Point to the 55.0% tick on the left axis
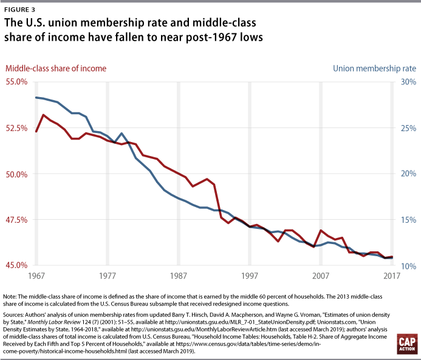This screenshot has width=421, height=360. click(17, 82)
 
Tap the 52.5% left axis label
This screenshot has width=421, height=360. click(17, 128)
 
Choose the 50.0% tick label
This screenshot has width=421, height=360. click(17, 174)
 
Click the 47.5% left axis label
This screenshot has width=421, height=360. click(17, 220)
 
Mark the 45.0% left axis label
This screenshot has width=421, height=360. click(17, 265)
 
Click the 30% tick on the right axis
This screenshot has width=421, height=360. click(408, 82)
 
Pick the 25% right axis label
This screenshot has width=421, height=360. click(408, 128)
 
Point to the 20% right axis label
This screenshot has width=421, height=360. click(408, 174)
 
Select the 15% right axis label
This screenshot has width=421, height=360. click(408, 220)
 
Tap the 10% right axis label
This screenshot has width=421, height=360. click(408, 265)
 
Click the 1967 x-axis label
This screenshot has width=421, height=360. click(36, 276)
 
